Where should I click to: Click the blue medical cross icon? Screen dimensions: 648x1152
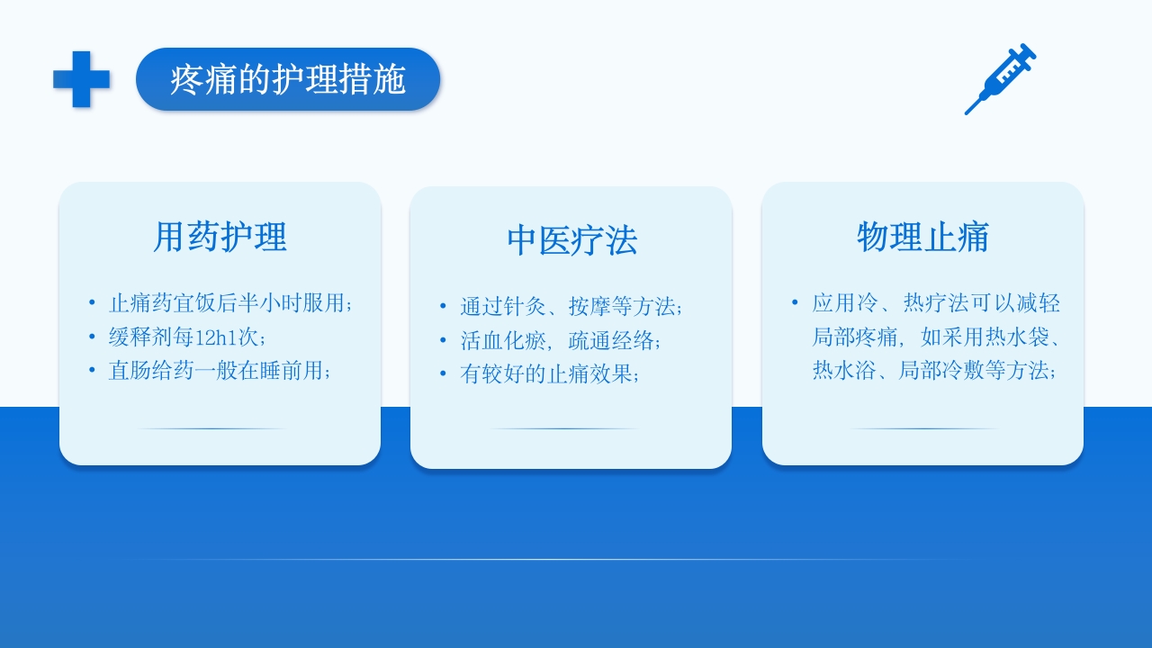click(82, 79)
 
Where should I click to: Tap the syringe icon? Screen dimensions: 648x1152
click(1000, 79)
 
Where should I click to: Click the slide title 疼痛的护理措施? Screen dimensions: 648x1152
click(288, 80)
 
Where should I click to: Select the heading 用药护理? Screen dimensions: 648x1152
click(220, 237)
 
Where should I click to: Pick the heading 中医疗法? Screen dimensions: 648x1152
click(571, 240)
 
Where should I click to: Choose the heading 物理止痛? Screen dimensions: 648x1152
click(922, 237)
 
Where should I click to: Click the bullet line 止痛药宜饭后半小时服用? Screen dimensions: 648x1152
click(230, 303)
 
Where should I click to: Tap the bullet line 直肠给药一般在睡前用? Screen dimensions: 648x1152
click(220, 371)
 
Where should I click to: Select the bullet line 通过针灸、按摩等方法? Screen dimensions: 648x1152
click(571, 307)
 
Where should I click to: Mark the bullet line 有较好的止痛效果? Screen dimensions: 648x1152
click(550, 374)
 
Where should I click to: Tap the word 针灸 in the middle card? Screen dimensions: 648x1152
click(525, 307)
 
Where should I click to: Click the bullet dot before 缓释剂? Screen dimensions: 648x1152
click(92, 337)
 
